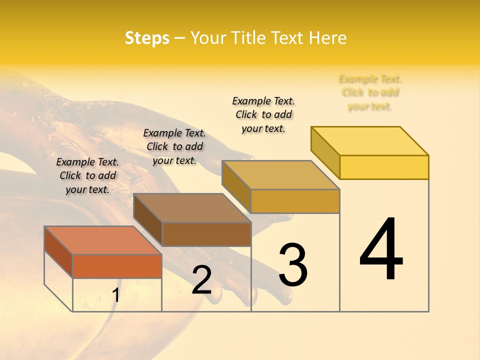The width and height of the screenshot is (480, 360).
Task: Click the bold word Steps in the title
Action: (147, 38)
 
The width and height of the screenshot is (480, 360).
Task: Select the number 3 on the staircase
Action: (293, 265)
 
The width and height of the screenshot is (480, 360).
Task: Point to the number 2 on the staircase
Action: (201, 280)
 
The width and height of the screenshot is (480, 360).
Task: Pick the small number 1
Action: (115, 295)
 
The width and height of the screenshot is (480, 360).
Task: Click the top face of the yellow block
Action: (369, 140)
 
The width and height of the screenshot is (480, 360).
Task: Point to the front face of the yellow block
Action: (384, 167)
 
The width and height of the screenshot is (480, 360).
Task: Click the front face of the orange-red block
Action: (117, 265)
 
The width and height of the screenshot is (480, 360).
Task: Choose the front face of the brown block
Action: (206, 234)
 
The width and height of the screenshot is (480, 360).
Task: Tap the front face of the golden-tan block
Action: (295, 201)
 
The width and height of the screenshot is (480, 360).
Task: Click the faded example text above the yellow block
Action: (370, 92)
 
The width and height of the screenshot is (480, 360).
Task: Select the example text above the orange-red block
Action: (87, 175)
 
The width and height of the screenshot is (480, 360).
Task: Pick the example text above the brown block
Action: (174, 146)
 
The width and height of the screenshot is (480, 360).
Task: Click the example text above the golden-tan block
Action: (263, 114)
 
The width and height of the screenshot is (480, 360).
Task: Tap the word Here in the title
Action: (328, 38)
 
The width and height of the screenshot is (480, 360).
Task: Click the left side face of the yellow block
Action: (325, 152)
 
